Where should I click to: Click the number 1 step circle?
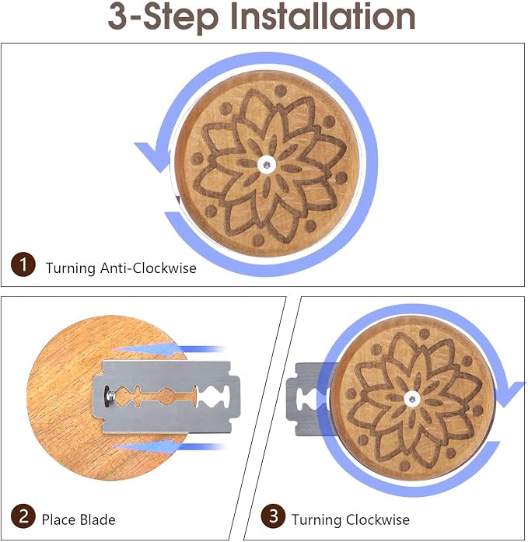point(23,264)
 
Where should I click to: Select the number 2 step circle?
point(23,516)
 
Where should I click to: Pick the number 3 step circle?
point(273,516)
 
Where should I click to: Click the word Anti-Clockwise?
point(149,268)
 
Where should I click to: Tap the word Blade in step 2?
point(97,519)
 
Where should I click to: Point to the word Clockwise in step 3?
point(378,519)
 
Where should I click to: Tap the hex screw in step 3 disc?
point(412,399)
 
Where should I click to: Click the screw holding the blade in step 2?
point(110,393)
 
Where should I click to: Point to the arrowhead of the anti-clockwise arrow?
point(153,156)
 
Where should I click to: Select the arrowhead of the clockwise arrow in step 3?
point(509,394)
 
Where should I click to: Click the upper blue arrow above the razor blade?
point(170,349)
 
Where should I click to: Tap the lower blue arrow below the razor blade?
point(170,447)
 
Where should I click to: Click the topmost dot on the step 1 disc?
point(281,92)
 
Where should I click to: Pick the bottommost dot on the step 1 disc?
point(257,240)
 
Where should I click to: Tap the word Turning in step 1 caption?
point(71,268)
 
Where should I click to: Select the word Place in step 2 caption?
point(59,519)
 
